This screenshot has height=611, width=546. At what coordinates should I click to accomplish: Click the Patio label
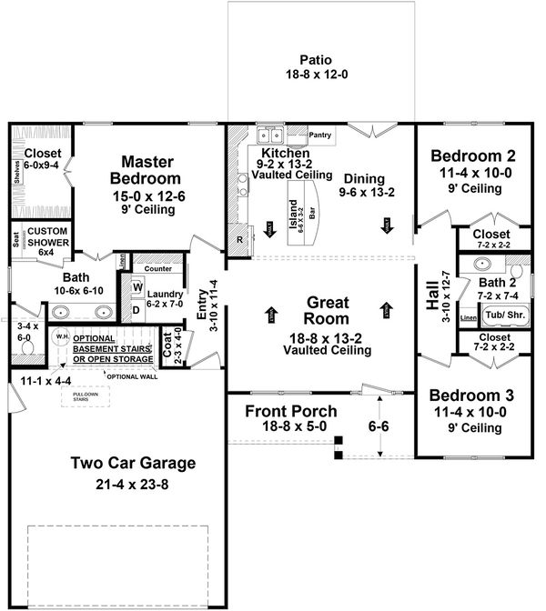pos(318,54)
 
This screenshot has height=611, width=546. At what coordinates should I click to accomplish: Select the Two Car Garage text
pos(134,464)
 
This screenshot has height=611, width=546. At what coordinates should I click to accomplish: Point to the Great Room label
pos(325,310)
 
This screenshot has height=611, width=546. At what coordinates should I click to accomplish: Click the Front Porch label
pos(291,411)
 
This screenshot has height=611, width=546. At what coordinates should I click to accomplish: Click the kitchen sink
pos(269,136)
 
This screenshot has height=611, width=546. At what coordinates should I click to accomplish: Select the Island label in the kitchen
pos(294,215)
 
